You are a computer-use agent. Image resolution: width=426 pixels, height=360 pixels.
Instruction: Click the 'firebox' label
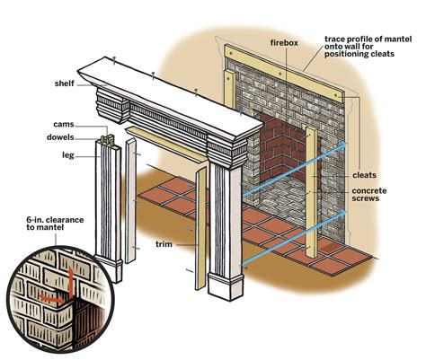(x=284, y=43)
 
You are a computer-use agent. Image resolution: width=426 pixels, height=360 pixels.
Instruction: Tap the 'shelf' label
(x=64, y=83)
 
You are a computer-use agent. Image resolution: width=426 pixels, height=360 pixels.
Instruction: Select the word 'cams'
(x=64, y=124)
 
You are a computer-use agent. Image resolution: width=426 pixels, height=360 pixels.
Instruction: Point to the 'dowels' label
(x=60, y=137)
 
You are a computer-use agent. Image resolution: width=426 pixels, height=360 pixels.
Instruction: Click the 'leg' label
(x=68, y=155)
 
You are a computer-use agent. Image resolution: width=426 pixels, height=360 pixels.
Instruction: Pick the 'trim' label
(x=164, y=244)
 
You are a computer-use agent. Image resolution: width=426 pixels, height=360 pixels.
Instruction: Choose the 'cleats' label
(x=364, y=175)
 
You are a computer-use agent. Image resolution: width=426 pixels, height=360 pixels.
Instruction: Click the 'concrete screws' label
(x=369, y=195)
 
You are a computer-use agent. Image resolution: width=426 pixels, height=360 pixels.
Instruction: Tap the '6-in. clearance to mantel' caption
(x=55, y=224)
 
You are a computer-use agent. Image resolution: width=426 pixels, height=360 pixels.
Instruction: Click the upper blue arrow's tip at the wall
(x=346, y=144)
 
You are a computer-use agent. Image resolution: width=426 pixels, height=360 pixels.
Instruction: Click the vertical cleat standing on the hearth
(x=311, y=193)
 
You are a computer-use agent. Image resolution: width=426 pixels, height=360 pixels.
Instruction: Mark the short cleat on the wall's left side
(x=230, y=90)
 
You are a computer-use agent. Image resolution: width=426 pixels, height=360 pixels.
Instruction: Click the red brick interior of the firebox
(x=280, y=148)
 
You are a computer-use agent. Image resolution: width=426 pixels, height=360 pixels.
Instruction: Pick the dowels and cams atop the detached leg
(x=108, y=140)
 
